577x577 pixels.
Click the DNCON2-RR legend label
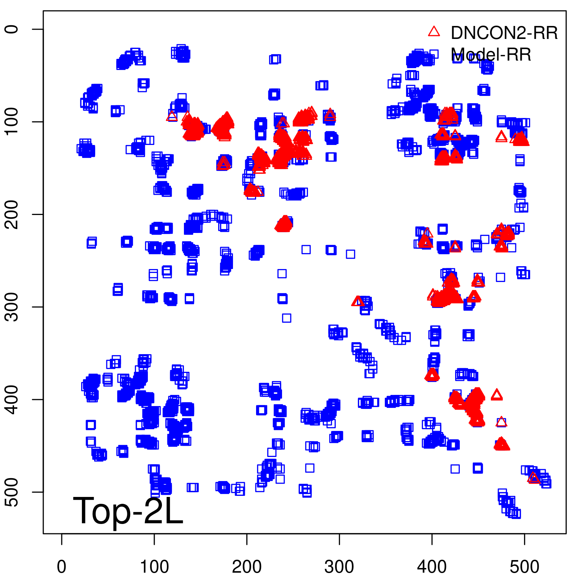pyautogui.click(x=504, y=33)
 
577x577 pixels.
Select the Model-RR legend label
pyautogui.click(x=491, y=55)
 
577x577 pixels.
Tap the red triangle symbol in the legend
pyautogui.click(x=434, y=32)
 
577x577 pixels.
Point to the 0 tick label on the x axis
pyautogui.click(x=62, y=567)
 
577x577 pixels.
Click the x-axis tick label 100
pyautogui.click(x=154, y=567)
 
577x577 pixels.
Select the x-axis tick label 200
pyautogui.click(x=247, y=567)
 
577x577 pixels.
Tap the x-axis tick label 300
pyautogui.click(x=339, y=567)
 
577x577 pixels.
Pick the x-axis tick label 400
pyautogui.click(x=432, y=567)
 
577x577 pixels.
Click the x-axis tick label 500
pyautogui.click(x=524, y=567)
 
